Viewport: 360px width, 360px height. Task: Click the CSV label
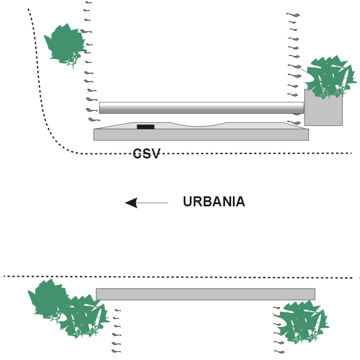(x=147, y=153)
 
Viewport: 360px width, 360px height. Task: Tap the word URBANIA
(x=214, y=202)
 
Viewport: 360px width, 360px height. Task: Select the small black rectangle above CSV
(x=145, y=127)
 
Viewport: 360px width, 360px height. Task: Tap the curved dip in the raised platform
(x=198, y=125)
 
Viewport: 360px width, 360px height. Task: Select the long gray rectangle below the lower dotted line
(x=205, y=294)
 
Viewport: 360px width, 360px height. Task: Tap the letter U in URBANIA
(x=188, y=202)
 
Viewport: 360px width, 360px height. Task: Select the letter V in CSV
(x=155, y=153)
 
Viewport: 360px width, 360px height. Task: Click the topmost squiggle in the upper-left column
(x=89, y=2)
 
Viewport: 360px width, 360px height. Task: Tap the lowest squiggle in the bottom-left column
(x=115, y=350)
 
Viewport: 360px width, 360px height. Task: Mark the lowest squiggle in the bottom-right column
(x=279, y=351)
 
